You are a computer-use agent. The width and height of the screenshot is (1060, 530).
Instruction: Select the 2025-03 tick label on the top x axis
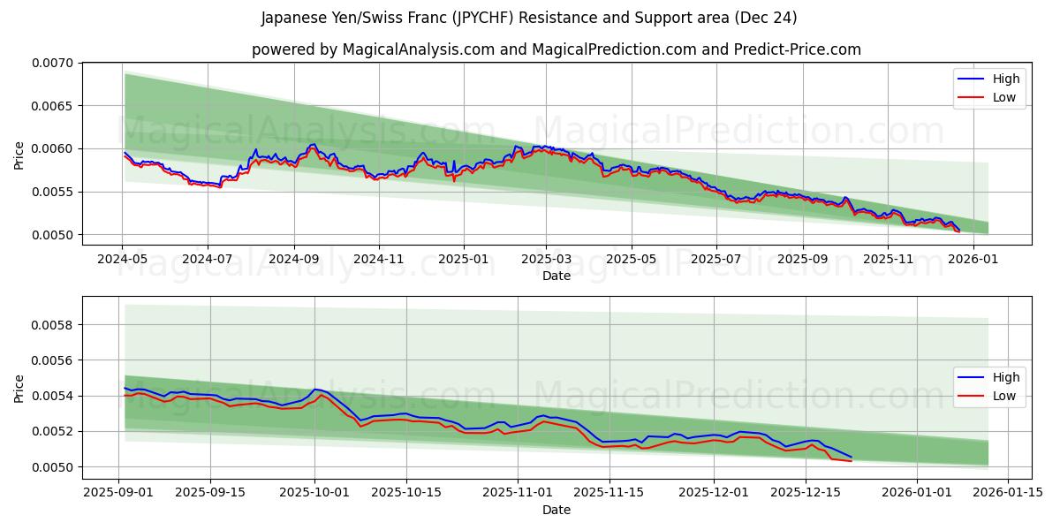coord(545,259)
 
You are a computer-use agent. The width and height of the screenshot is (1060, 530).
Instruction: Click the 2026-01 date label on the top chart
coord(973,259)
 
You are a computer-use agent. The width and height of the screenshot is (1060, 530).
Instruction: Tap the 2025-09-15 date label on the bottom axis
coord(210,493)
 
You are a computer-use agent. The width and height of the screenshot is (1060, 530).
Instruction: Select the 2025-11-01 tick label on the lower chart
coord(516,493)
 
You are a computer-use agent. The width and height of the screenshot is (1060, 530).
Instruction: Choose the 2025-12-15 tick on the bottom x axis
coord(806,493)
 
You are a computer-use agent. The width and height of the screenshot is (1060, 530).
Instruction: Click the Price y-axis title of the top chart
coord(19,155)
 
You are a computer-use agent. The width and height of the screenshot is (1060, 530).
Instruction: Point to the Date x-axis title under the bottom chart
coord(556,510)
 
